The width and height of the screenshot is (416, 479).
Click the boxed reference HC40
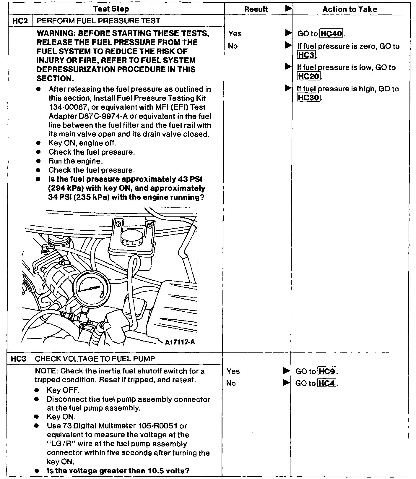[x=331, y=34]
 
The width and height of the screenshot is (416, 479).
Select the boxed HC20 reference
[x=308, y=77]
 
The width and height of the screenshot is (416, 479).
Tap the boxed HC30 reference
[x=308, y=98]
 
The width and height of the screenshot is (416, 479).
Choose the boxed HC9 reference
[x=327, y=371]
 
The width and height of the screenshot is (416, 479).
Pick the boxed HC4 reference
[x=327, y=383]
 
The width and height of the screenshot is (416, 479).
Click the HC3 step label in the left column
[x=19, y=359]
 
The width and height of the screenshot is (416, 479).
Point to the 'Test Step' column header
[x=111, y=9]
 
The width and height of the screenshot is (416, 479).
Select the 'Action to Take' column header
[x=350, y=9]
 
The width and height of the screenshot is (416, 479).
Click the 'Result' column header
[x=256, y=9]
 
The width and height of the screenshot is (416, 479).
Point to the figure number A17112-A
[x=180, y=342]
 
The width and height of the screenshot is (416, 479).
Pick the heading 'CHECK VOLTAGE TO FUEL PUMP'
[x=95, y=359]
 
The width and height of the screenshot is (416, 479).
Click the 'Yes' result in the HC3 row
[x=233, y=371]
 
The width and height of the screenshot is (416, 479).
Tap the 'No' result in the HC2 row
[x=233, y=46]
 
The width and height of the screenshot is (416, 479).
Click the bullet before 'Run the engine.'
[x=38, y=161]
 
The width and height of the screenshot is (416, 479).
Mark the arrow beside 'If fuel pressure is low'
[x=288, y=67]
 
